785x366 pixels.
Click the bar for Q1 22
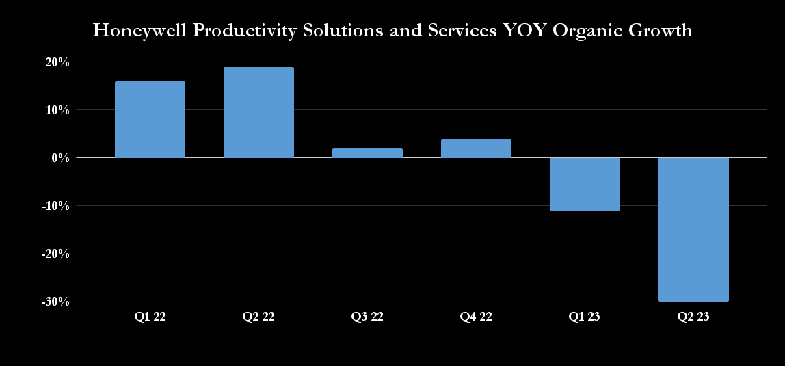pyautogui.click(x=150, y=120)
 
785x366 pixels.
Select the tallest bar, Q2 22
pyautogui.click(x=258, y=112)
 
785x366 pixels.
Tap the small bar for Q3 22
pyautogui.click(x=367, y=153)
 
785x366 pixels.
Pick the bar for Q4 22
pyautogui.click(x=476, y=148)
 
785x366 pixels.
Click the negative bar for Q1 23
pyautogui.click(x=585, y=184)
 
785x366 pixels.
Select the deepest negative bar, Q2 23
pyautogui.click(x=693, y=229)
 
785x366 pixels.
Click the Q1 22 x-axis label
pyautogui.click(x=150, y=317)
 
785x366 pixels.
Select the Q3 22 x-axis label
pyautogui.click(x=367, y=317)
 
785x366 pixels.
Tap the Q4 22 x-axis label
pyautogui.click(x=476, y=317)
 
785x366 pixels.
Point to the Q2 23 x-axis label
pyautogui.click(x=693, y=317)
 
